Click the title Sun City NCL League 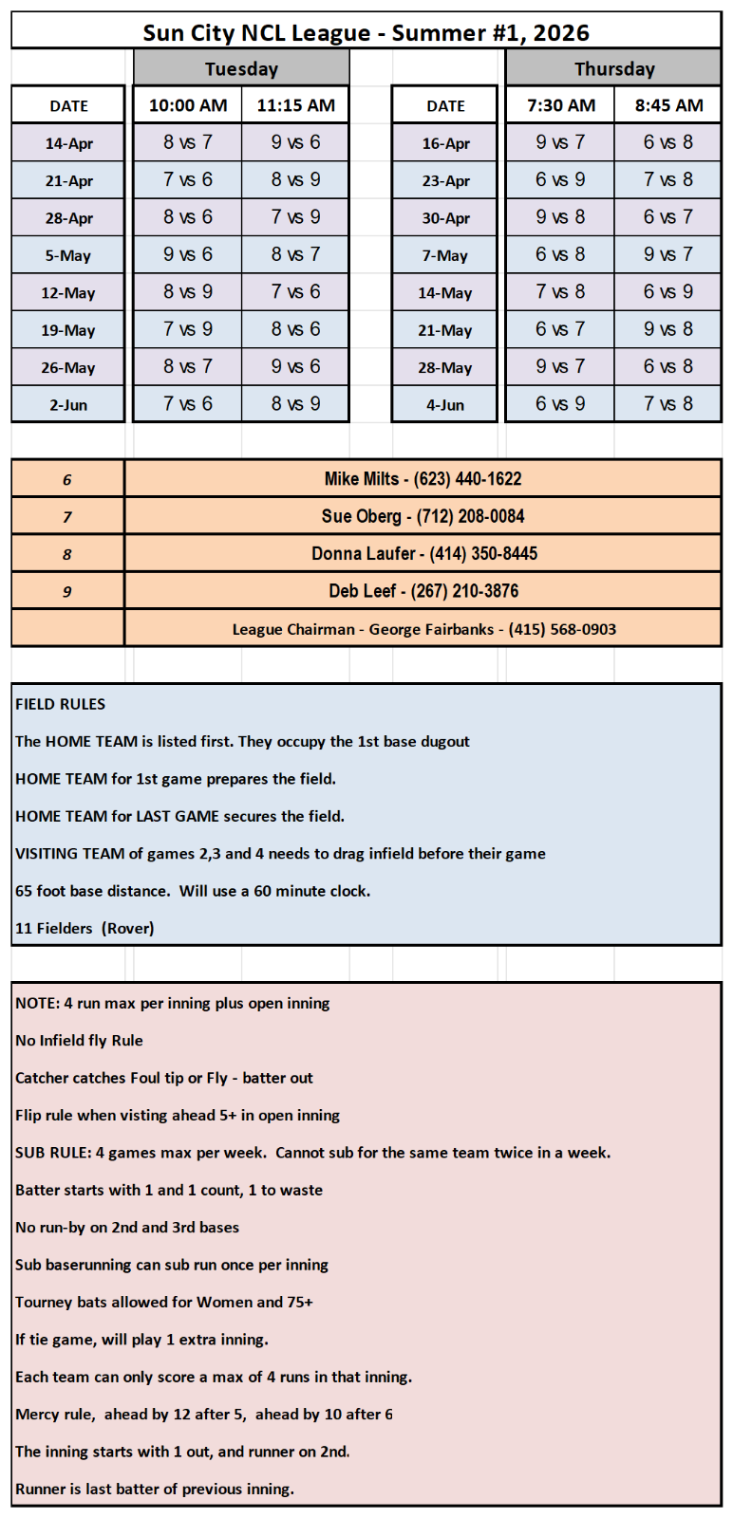click(x=366, y=32)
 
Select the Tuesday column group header click(x=241, y=68)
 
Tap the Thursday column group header click(x=613, y=68)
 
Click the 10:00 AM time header click(x=188, y=105)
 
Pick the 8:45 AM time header click(x=668, y=105)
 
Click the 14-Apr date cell click(x=68, y=143)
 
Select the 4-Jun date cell click(x=444, y=405)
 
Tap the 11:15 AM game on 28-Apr click(x=295, y=217)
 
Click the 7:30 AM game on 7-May click(x=560, y=255)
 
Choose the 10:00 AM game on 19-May click(x=188, y=329)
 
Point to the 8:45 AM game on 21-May click(x=668, y=329)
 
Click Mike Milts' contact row click(x=423, y=479)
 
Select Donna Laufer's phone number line click(x=423, y=554)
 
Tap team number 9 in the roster click(x=67, y=592)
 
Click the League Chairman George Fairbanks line click(x=423, y=629)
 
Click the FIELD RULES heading click(x=61, y=704)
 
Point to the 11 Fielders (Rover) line click(x=85, y=928)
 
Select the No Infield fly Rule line click(x=79, y=1041)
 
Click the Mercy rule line click(x=204, y=1415)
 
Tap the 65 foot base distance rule click(x=193, y=891)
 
